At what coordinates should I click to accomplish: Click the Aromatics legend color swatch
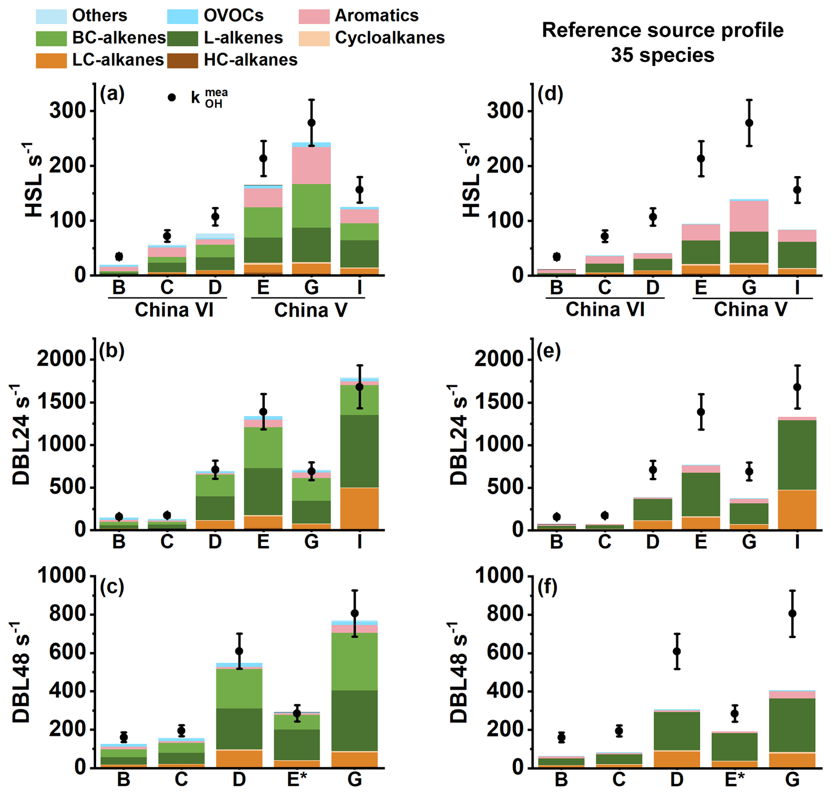coord(314,16)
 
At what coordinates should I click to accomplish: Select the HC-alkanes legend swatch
coord(183,61)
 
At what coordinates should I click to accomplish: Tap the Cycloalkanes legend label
coord(390,38)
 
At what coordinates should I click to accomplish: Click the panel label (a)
coord(112,94)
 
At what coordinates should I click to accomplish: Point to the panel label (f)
coord(547,587)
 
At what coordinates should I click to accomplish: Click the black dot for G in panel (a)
coord(311,123)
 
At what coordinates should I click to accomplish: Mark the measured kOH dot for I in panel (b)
coord(360,387)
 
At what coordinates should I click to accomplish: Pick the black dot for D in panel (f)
coord(677,651)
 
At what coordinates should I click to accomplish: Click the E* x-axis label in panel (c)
coord(297,780)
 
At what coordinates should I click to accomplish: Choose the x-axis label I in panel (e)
coord(797,542)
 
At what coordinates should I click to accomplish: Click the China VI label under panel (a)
coord(174,310)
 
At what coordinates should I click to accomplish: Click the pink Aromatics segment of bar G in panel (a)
coord(311,165)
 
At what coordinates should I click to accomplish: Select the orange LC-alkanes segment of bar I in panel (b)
coord(360,508)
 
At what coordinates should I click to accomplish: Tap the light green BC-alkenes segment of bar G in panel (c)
coord(355,661)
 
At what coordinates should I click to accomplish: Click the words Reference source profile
coord(662,30)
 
